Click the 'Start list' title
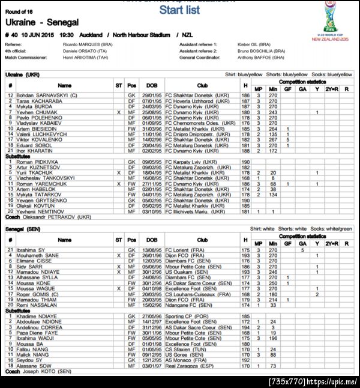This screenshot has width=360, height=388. coord(179,10)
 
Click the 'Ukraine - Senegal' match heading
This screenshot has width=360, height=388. coord(42,22)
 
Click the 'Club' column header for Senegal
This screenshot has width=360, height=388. coord(202,241)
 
